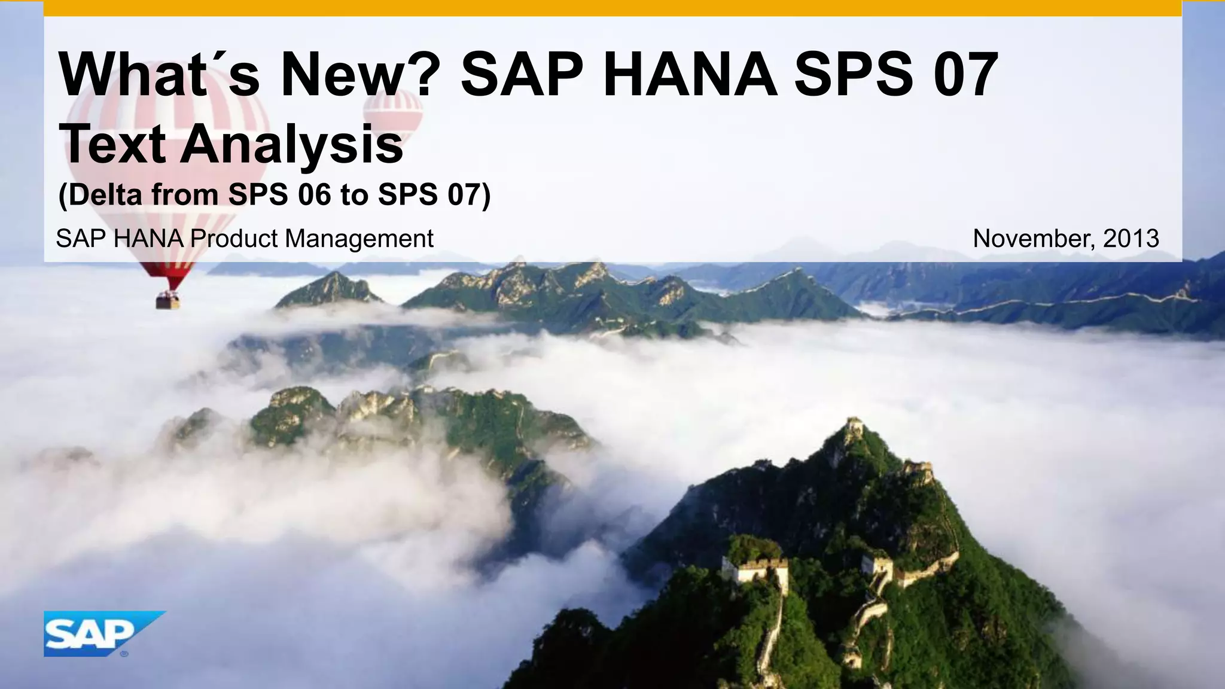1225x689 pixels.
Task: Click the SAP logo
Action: click(96, 633)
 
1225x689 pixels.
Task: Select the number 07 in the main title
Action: click(965, 75)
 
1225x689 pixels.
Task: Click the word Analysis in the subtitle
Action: click(292, 145)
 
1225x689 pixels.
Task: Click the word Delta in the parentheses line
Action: click(102, 195)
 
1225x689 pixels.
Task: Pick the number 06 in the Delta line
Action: click(314, 195)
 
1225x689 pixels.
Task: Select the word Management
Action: click(359, 239)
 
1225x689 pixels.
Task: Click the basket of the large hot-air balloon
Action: click(168, 300)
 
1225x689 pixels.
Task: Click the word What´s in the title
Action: click(159, 75)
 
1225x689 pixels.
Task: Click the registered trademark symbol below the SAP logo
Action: click(124, 654)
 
